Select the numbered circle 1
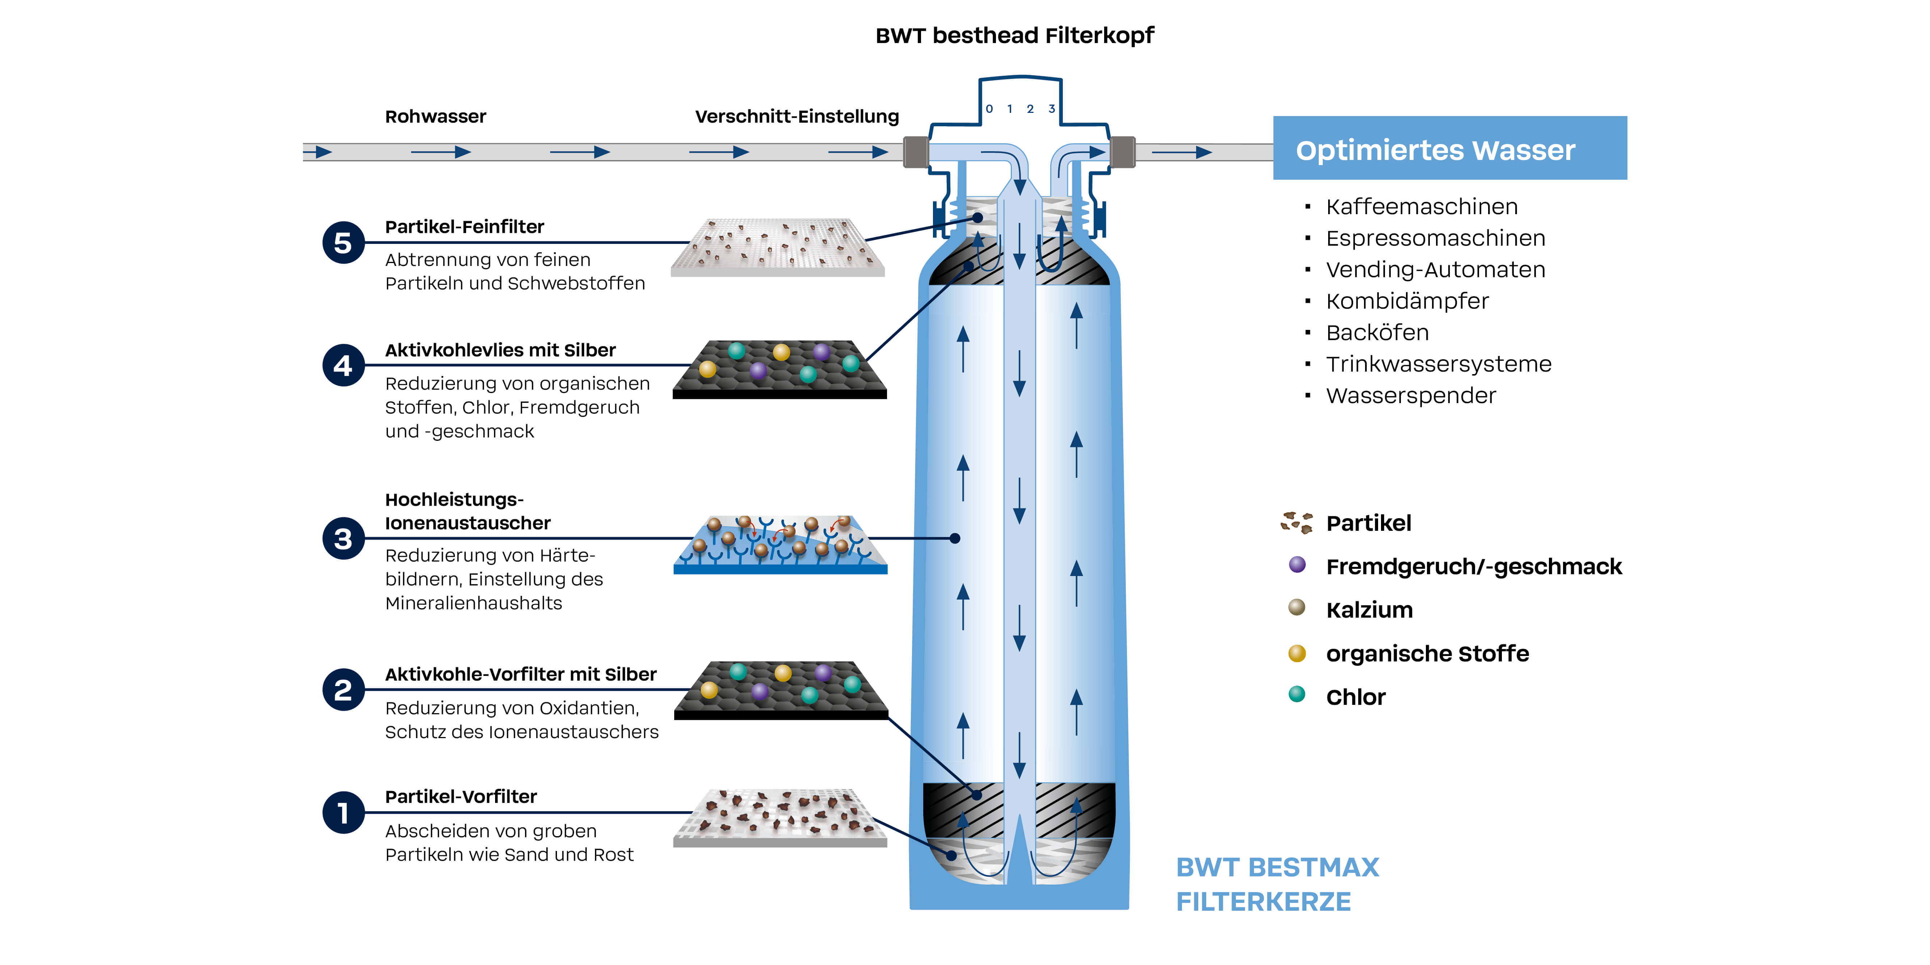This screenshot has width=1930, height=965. pos(343,812)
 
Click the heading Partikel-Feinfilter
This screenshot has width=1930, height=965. pos(465,226)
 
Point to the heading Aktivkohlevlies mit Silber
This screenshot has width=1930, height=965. pos(500,350)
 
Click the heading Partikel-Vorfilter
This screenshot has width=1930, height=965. pos(461,796)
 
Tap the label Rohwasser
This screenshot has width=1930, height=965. pos(435,116)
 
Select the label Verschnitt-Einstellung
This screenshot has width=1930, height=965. pos(797,116)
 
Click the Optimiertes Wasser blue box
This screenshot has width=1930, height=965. pos(1450,148)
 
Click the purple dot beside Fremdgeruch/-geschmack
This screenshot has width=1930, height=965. pos(1297,565)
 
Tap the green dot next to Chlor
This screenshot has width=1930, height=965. pos(1297,694)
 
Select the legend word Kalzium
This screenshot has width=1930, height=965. pos(1369,610)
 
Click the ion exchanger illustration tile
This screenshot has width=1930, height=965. pos(780,545)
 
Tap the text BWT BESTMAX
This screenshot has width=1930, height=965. pos(1277,867)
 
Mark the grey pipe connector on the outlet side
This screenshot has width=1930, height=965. pos(1122,152)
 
